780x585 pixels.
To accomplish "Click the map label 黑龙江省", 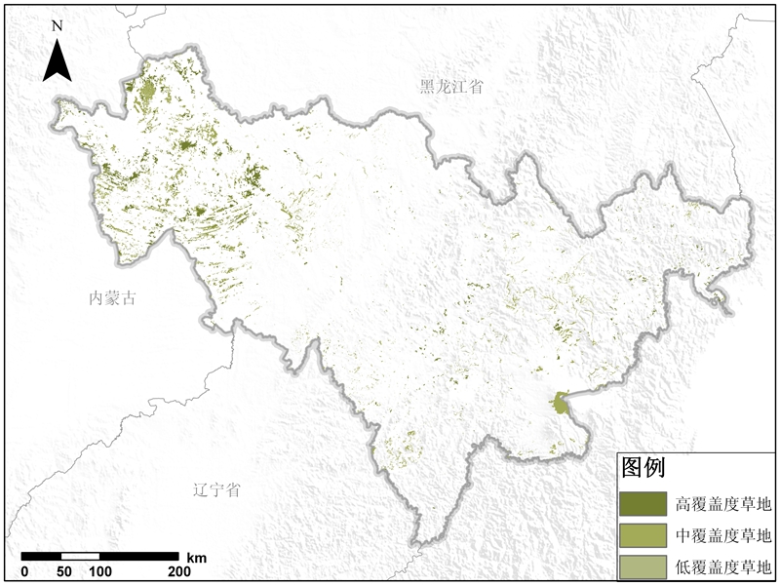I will (450, 87).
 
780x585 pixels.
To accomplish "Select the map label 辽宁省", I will (216, 490).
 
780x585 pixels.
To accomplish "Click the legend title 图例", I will (643, 468).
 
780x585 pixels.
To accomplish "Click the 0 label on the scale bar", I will (24, 571).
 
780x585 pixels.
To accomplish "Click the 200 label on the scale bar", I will (178, 571).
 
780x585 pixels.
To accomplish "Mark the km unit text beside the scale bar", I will (196, 557).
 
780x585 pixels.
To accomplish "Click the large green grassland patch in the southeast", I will (560, 403).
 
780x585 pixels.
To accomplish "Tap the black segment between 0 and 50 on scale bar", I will (43, 557).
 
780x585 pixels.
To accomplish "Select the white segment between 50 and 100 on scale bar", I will (81, 557).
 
